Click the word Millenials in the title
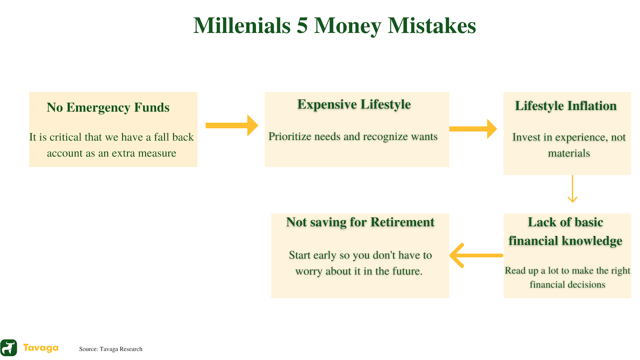tap(242, 26)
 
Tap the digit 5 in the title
tap(302, 26)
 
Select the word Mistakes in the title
tap(432, 26)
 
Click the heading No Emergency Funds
tap(108, 108)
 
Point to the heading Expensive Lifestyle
tap(354, 104)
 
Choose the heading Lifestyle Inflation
tap(566, 106)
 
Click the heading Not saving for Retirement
tap(360, 222)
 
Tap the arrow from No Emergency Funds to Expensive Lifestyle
tap(232, 126)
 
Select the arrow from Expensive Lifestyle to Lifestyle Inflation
tap(473, 129)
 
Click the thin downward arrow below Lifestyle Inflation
tap(572, 189)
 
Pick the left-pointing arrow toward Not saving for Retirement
tap(476, 256)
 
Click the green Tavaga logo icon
tap(8, 348)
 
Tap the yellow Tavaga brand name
tap(41, 348)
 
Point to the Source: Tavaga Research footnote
tap(110, 349)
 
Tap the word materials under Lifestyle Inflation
tap(569, 154)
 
